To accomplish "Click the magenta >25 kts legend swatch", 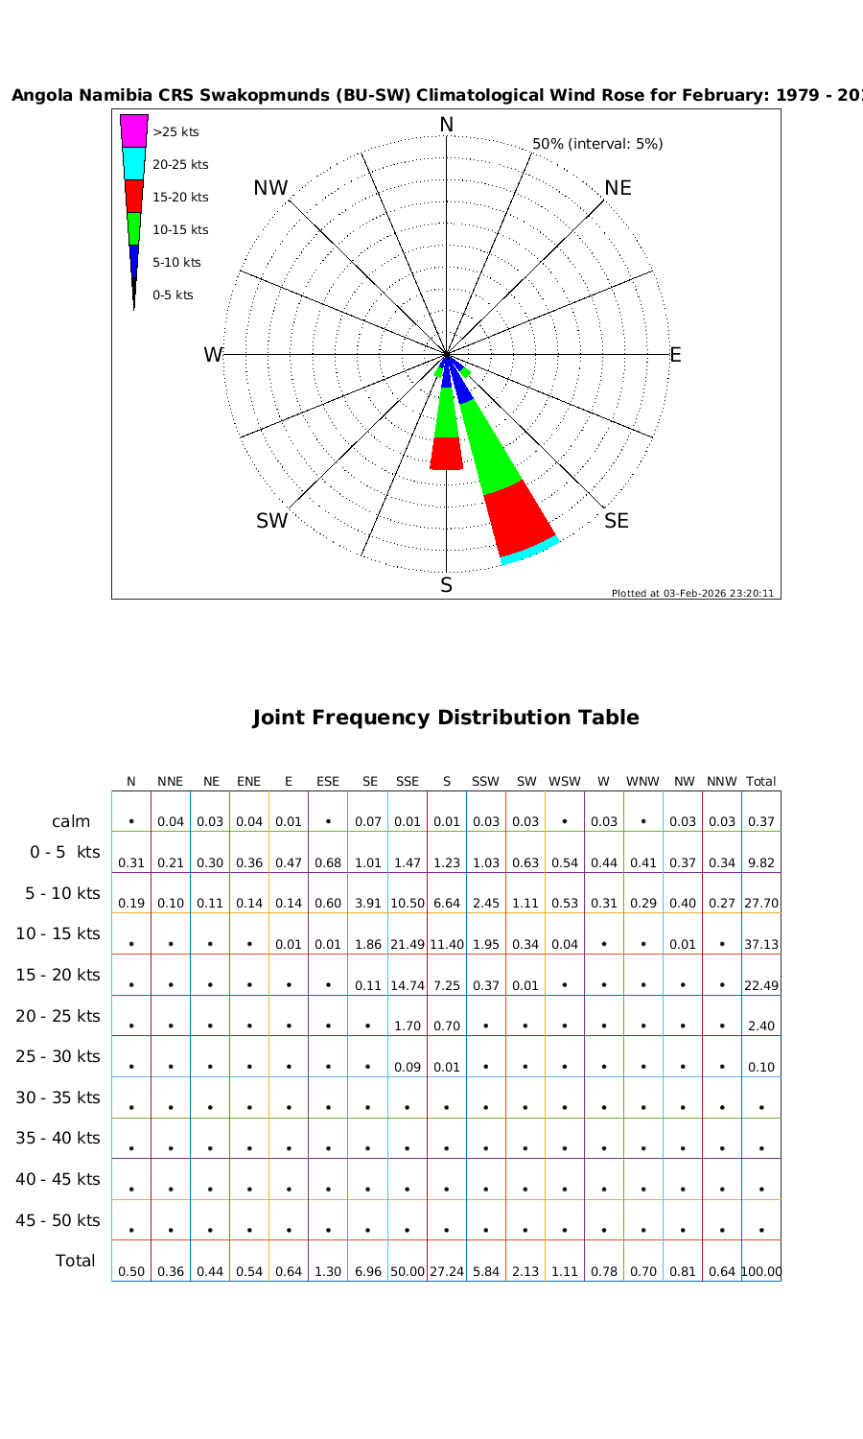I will (134, 130).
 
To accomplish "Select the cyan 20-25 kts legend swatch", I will (134, 163).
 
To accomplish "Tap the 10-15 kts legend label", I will (180, 229).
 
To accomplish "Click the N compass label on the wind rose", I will (446, 125).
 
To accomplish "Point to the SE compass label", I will (617, 521).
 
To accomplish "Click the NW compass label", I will (270, 188).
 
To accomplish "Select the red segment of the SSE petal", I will (519, 518).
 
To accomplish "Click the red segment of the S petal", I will (446, 453).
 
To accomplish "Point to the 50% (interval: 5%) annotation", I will (597, 144).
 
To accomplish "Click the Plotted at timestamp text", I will (692, 593).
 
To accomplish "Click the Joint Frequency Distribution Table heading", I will (446, 718).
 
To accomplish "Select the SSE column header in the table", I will (408, 781).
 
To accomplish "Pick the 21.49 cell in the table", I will (408, 944).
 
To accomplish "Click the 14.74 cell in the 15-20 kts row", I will (408, 985).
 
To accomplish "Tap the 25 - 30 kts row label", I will (58, 1056).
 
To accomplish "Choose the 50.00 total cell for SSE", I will (408, 1271).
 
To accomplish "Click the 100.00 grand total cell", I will (761, 1271).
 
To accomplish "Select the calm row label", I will (71, 821).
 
